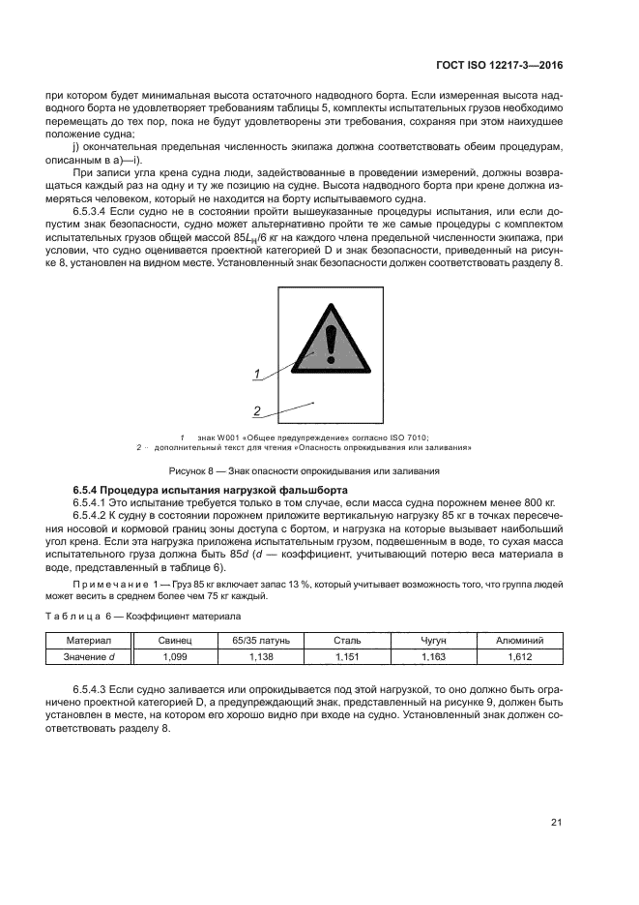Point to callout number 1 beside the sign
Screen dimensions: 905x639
257,374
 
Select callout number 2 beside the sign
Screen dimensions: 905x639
257,411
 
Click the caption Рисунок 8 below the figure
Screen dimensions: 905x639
305,470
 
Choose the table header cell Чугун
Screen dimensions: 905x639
434,641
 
